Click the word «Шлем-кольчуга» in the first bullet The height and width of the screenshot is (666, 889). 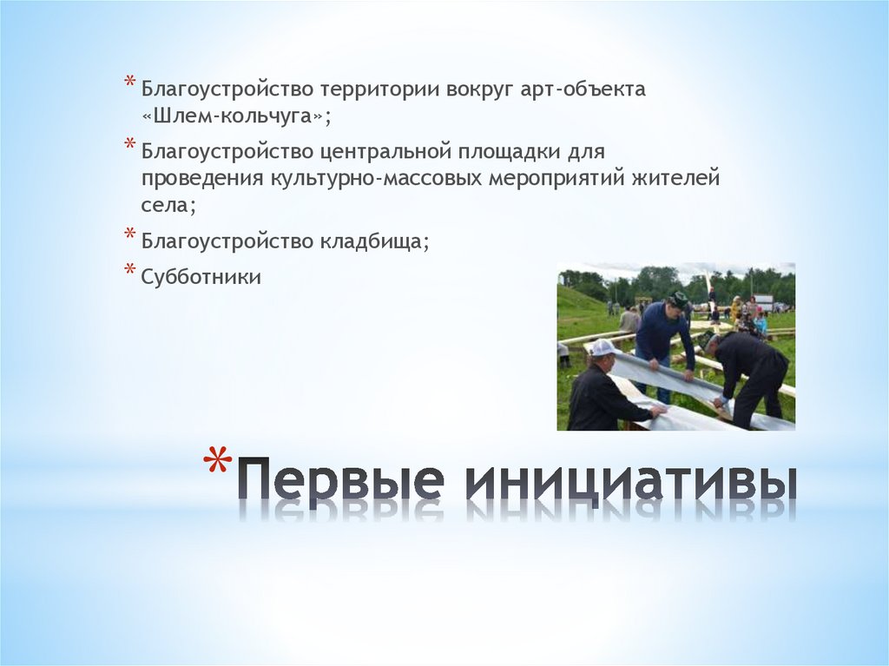coord(237,115)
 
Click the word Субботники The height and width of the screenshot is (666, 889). coord(201,278)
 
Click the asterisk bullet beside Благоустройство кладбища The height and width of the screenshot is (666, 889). coord(128,234)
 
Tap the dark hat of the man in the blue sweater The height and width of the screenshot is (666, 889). coord(678,299)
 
